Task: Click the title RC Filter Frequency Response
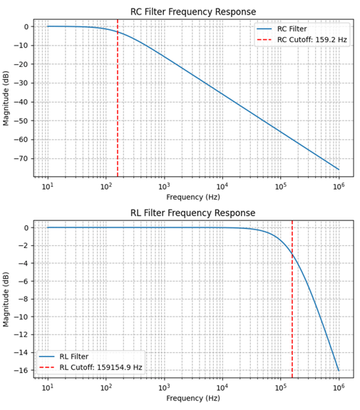(192, 11)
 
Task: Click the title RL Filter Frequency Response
(192, 212)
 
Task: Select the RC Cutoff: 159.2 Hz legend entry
(312, 40)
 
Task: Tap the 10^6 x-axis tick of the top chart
(339, 186)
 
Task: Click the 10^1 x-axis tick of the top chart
(48, 186)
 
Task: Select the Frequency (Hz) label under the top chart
(192, 197)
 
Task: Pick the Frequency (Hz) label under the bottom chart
(192, 399)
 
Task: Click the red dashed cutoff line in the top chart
(118, 107)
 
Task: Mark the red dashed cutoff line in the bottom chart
(292, 307)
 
